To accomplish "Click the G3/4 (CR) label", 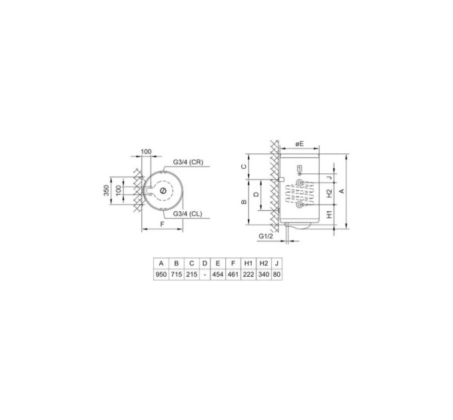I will [188, 163].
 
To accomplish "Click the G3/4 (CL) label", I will [188, 214].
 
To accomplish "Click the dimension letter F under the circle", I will [163, 225].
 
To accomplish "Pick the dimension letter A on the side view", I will [342, 191].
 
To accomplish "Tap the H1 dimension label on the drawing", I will [328, 217].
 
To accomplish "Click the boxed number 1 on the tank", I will [300, 167].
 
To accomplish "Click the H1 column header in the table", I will [248, 263].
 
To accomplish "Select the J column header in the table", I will [277, 263].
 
